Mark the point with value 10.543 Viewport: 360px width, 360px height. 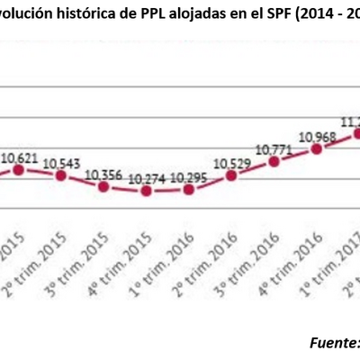pos(60,176)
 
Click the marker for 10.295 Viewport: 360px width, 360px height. pos(189,190)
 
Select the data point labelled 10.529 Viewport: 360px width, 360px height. pos(231,176)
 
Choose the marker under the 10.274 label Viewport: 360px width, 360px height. pos(147,191)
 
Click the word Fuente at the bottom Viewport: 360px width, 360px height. pos(331,343)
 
